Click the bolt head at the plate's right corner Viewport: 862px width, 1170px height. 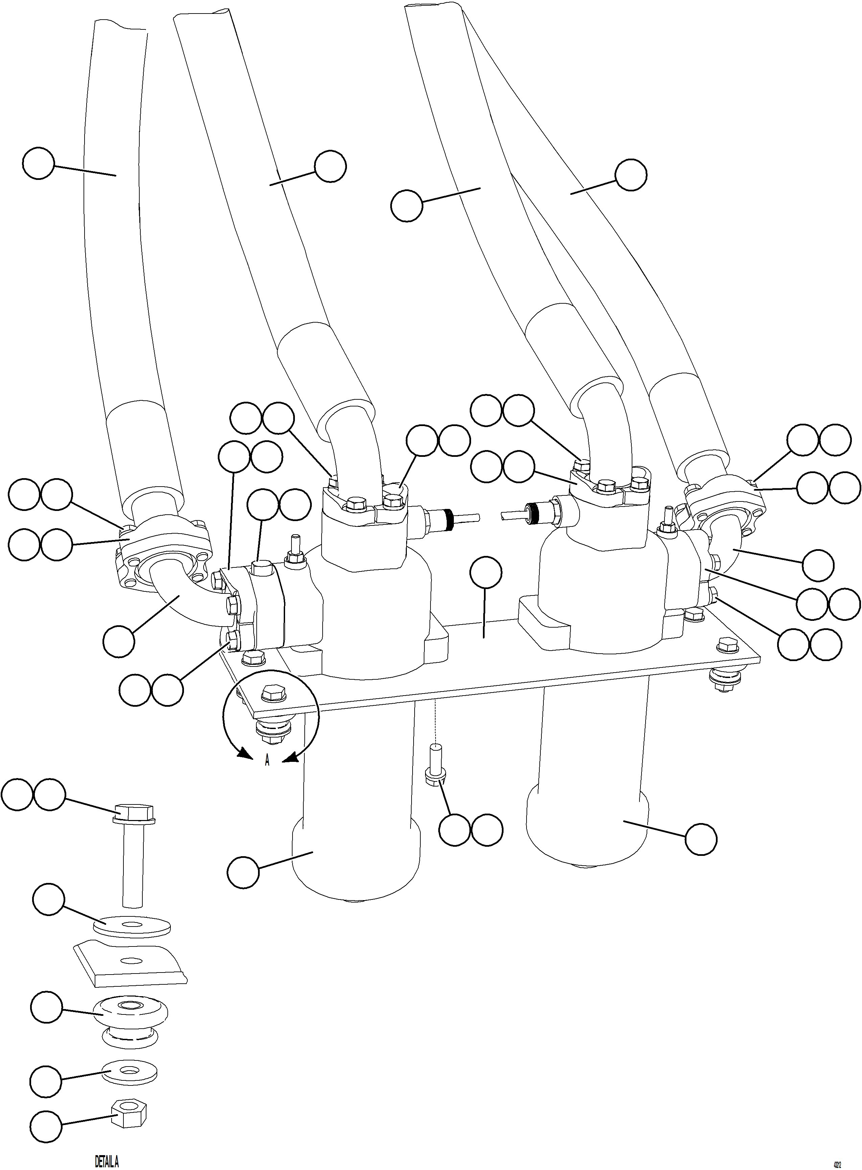pyautogui.click(x=727, y=645)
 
